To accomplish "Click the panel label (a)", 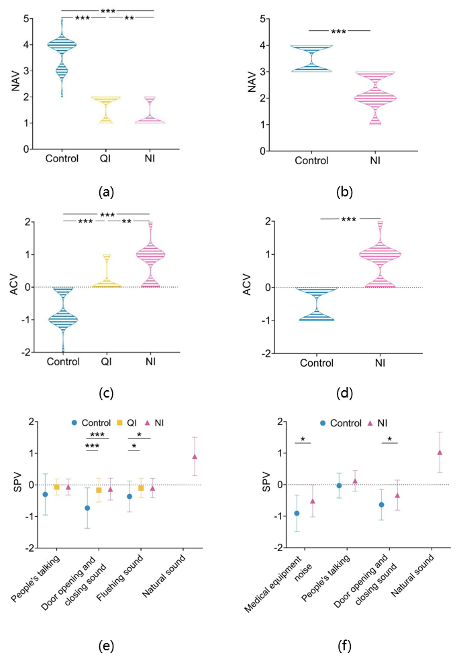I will pyautogui.click(x=106, y=192).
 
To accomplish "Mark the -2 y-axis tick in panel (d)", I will pyautogui.click(x=267, y=353).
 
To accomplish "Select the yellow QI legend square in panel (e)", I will pyautogui.click(x=120, y=422).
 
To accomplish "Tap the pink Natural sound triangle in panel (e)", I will pyautogui.click(x=195, y=457).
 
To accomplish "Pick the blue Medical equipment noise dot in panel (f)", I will pyautogui.click(x=296, y=514).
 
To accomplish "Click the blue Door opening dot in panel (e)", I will pyautogui.click(x=87, y=508).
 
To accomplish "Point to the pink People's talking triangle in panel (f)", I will pyautogui.click(x=355, y=481).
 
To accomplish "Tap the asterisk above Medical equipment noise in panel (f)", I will pyautogui.click(x=303, y=439).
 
